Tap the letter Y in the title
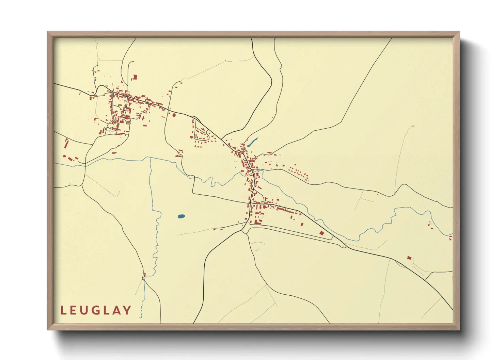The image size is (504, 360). coord(127,310)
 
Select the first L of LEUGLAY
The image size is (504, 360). coord(63,310)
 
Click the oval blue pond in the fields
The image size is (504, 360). coord(181,216)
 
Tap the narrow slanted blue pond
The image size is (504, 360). coord(253,142)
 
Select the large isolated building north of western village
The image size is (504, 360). coord(135,77)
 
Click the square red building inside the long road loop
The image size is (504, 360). coord(321,233)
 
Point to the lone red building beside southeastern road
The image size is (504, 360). coord(409,258)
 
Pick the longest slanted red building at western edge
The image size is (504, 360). coord(66,144)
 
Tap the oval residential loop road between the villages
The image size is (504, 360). coord(201,134)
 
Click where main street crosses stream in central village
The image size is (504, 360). coord(252,174)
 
